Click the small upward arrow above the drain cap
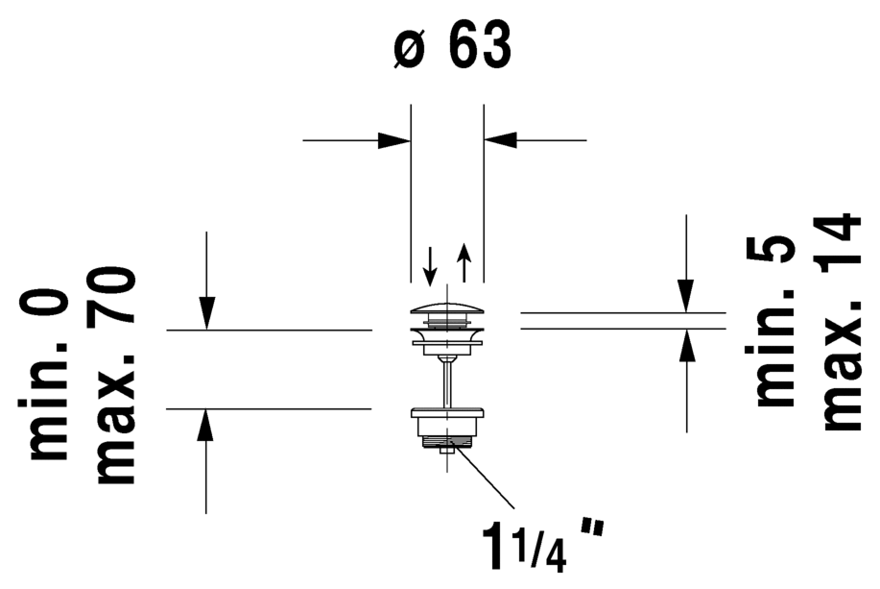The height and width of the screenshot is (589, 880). (x=464, y=261)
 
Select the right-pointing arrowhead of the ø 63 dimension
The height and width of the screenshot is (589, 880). (x=394, y=140)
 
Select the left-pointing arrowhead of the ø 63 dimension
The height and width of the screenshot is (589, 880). (x=501, y=140)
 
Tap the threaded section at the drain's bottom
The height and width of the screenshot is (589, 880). (x=447, y=443)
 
